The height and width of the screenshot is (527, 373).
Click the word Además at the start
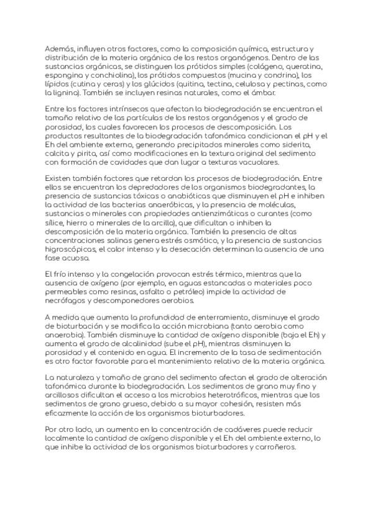61,48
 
